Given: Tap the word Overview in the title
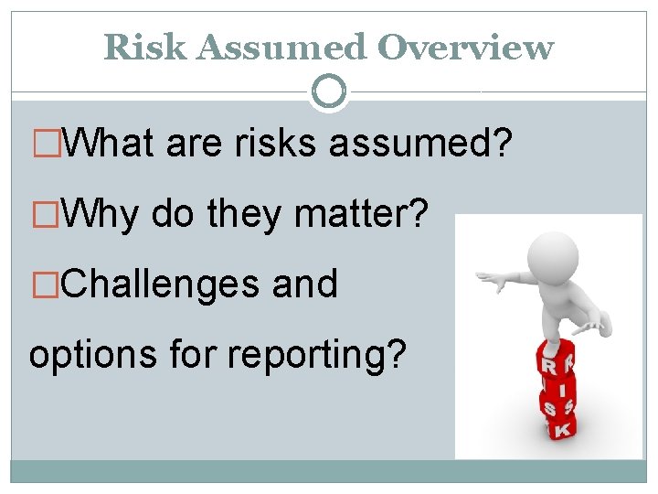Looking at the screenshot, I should coord(465,47).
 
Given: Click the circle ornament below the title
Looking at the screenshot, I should coord(328,91).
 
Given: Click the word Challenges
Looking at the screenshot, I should coord(163,284).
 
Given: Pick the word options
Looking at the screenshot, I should coord(92,352).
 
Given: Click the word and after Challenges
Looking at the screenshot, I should coord(305,284).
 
